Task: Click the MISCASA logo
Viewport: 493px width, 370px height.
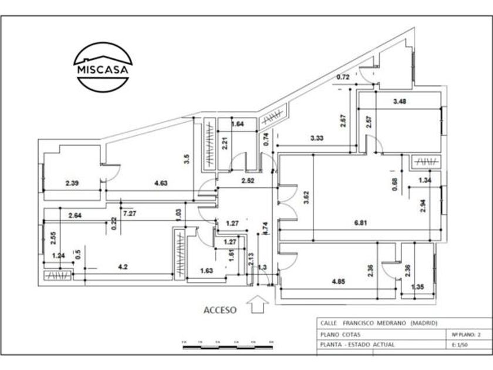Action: point(103,66)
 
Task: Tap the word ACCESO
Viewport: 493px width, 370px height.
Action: point(220,310)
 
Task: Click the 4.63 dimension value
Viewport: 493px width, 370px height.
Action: point(161,183)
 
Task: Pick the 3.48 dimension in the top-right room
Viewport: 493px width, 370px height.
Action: point(400,101)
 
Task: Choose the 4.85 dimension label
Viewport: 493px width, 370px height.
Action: point(339,281)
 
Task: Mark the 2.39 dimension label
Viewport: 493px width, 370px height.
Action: point(72,183)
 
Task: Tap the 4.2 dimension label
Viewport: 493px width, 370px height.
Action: point(123,267)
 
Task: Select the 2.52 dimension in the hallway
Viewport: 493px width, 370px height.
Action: point(247,180)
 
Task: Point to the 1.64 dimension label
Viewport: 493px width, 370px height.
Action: point(237,124)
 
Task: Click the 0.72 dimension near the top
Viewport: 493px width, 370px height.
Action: point(343,77)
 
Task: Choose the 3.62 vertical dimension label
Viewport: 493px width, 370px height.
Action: point(306,199)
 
